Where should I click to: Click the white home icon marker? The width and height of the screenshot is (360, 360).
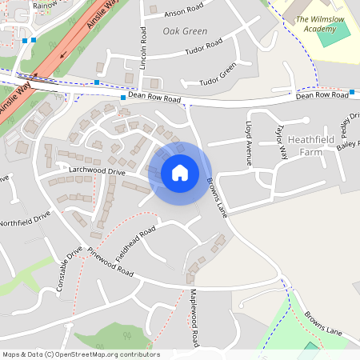click(x=180, y=172)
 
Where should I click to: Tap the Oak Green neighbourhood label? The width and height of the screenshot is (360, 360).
click(x=185, y=31)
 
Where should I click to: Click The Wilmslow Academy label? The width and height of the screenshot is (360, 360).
click(x=315, y=23)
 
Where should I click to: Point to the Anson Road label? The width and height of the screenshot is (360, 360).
click(x=185, y=12)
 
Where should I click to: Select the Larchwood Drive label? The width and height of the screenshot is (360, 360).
click(x=98, y=172)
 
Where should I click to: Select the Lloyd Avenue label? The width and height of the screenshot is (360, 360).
click(x=249, y=144)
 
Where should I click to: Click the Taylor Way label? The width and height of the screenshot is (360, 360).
click(x=282, y=142)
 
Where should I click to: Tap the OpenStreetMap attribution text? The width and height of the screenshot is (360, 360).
click(x=81, y=354)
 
